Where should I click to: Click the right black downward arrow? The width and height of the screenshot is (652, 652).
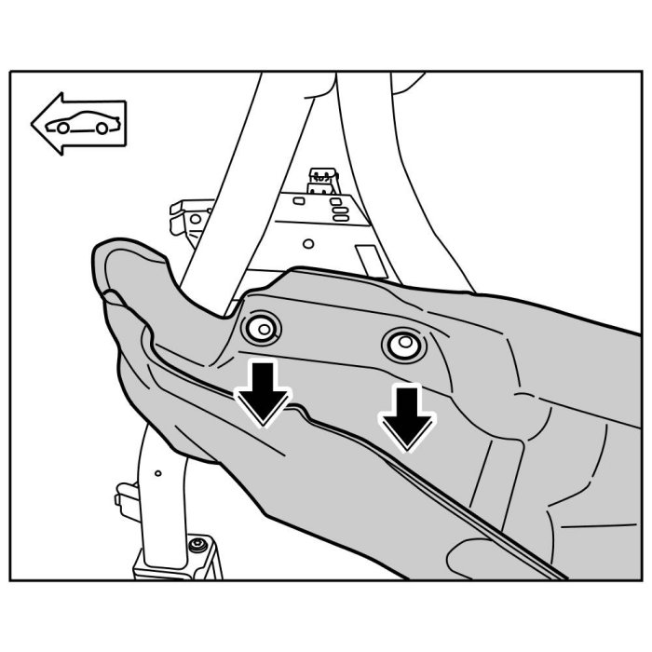[x=406, y=415]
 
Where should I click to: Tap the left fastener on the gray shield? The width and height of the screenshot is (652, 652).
[x=260, y=328]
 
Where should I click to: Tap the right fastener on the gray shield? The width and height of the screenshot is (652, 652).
[x=403, y=346]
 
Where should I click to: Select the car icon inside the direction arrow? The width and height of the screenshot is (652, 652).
[x=78, y=123]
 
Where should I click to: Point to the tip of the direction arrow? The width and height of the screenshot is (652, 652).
[x=33, y=121]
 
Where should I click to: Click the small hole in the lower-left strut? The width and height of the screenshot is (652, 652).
[x=158, y=473]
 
